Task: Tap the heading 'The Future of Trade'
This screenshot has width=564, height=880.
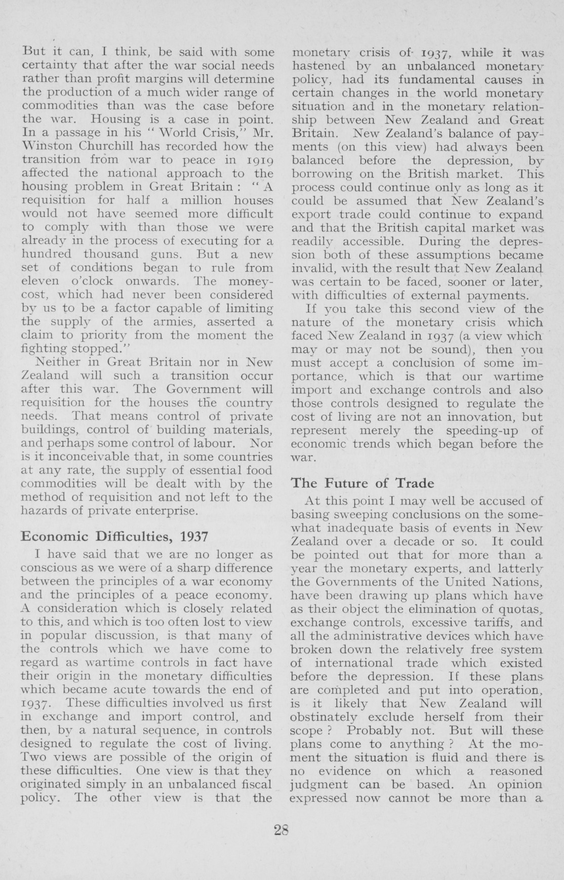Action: click(362, 483)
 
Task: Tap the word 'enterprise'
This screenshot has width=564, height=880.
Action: click(165, 511)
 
